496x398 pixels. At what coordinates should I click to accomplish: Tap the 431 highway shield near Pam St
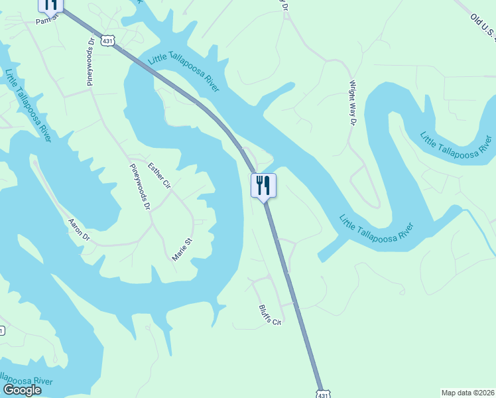click(107, 41)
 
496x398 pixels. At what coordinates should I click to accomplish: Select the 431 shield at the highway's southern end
click(322, 393)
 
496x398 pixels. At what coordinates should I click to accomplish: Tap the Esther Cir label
click(159, 175)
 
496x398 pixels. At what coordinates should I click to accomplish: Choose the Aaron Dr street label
click(79, 230)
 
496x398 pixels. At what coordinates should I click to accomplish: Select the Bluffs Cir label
click(271, 314)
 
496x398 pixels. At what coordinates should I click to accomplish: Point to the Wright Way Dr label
click(352, 103)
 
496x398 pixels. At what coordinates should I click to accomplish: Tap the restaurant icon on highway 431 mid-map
click(263, 186)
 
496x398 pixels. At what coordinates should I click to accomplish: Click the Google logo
click(22, 390)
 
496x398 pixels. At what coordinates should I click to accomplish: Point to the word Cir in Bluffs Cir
click(277, 320)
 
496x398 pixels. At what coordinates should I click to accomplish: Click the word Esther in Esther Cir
click(156, 171)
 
